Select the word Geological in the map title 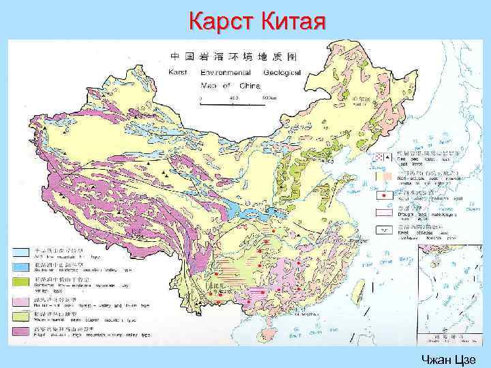(x=277, y=72)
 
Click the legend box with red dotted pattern (x=380, y=157)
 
